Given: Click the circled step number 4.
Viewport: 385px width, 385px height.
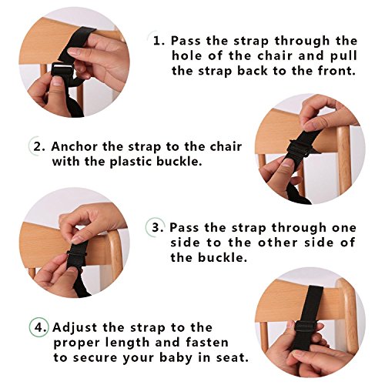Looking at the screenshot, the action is click(38, 327).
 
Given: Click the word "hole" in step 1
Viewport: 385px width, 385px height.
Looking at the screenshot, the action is click(186, 55).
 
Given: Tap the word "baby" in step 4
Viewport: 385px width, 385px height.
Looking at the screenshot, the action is click(176, 357).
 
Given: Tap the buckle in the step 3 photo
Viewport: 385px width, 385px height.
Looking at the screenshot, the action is click(78, 254).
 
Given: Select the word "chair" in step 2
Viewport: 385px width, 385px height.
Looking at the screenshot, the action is click(226, 146).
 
